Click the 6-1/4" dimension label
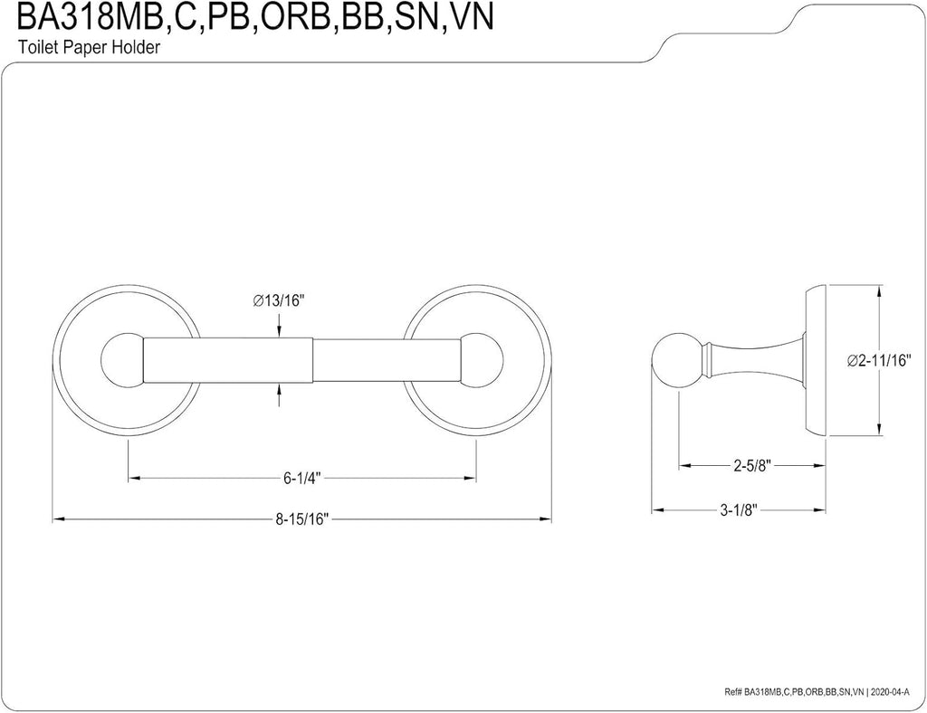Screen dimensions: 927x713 pos(301,479)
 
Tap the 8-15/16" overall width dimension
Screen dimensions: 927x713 pos(301,519)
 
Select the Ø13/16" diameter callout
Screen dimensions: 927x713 pos(278,300)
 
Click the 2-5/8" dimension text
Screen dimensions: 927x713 pos(752,466)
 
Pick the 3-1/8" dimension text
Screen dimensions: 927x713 pos(739,509)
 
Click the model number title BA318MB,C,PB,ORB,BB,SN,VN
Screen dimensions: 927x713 pos(254,17)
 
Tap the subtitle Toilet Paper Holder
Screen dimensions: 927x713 pos(89,47)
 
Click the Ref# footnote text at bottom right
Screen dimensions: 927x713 pos(820,691)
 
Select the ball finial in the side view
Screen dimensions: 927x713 pos(675,362)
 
